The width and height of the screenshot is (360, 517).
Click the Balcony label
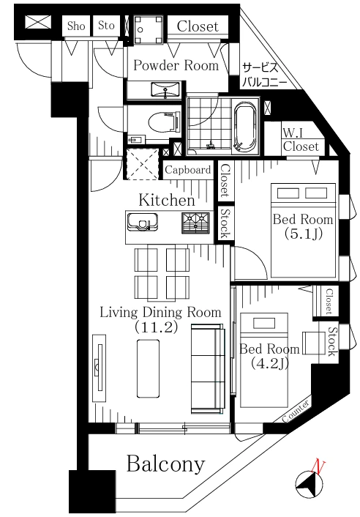pyautogui.click(x=165, y=464)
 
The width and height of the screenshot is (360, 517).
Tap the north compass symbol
pyautogui.click(x=310, y=483)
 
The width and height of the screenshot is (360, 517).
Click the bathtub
pyautogui.click(x=245, y=126)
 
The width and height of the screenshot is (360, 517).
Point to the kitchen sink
pyautogui.click(x=142, y=221)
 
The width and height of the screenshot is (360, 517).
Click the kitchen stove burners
pyautogui.click(x=195, y=223)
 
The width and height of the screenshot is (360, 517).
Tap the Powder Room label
pyautogui.click(x=176, y=65)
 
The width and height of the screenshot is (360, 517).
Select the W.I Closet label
pyautogui.click(x=301, y=140)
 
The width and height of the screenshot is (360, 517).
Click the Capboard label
pyautogui.click(x=188, y=170)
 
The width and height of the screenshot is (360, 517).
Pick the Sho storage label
pyautogui.click(x=76, y=26)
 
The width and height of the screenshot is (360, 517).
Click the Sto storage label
pyautogui.click(x=106, y=26)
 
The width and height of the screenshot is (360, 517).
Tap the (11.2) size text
pyautogui.click(x=156, y=327)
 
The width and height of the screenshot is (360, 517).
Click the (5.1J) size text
pyautogui.click(x=303, y=234)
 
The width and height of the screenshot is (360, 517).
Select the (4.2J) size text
pyautogui.click(x=269, y=363)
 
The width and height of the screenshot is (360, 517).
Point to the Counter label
pyautogui.click(x=296, y=411)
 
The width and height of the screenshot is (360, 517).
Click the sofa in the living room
pyautogui.click(x=208, y=368)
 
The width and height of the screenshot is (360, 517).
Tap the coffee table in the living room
pyautogui.click(x=149, y=368)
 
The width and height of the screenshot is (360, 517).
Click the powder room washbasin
pyautogui.click(x=165, y=89)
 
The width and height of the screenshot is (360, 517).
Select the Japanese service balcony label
pyautogui.click(x=264, y=75)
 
